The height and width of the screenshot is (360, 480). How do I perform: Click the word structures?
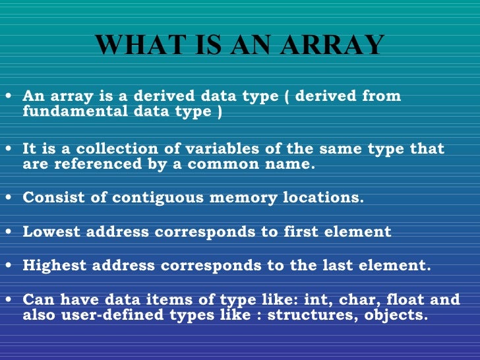tap(297, 316)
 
